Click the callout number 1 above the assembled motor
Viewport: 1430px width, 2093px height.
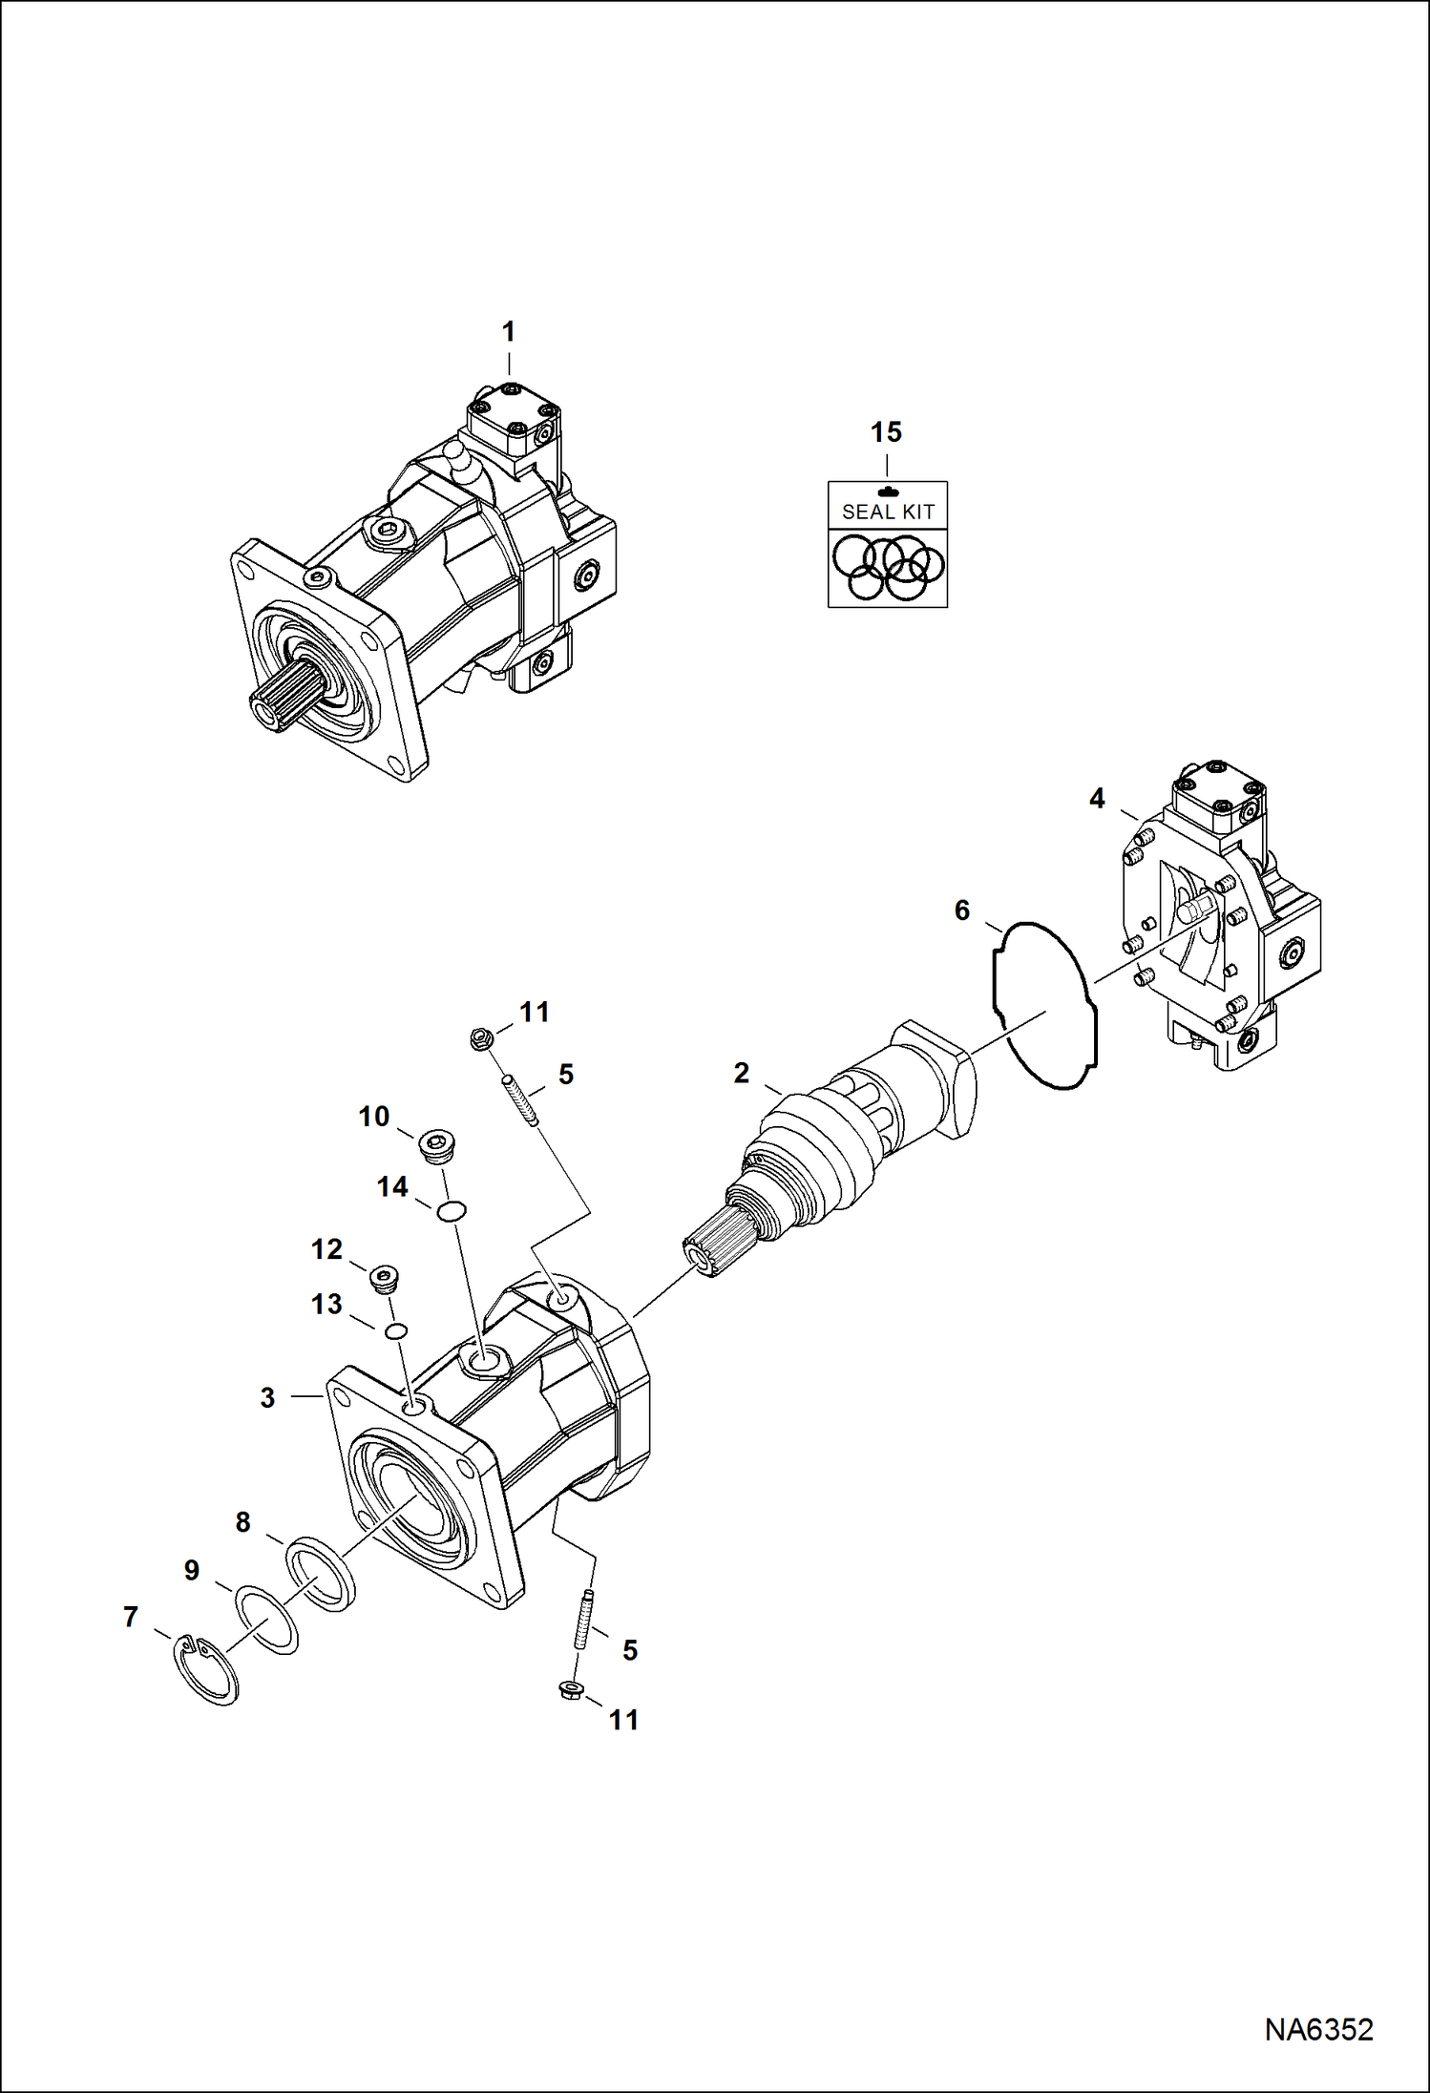click(508, 332)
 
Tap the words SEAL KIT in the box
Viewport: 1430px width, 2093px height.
click(887, 512)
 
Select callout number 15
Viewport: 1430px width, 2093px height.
click(886, 432)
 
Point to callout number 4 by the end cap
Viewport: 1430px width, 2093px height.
click(1097, 798)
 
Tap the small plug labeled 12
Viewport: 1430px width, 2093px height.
click(385, 1277)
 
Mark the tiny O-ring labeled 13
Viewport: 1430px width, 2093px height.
click(397, 1331)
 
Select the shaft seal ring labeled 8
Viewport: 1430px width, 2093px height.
click(321, 1573)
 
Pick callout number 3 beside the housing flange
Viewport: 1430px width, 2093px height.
click(267, 1397)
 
